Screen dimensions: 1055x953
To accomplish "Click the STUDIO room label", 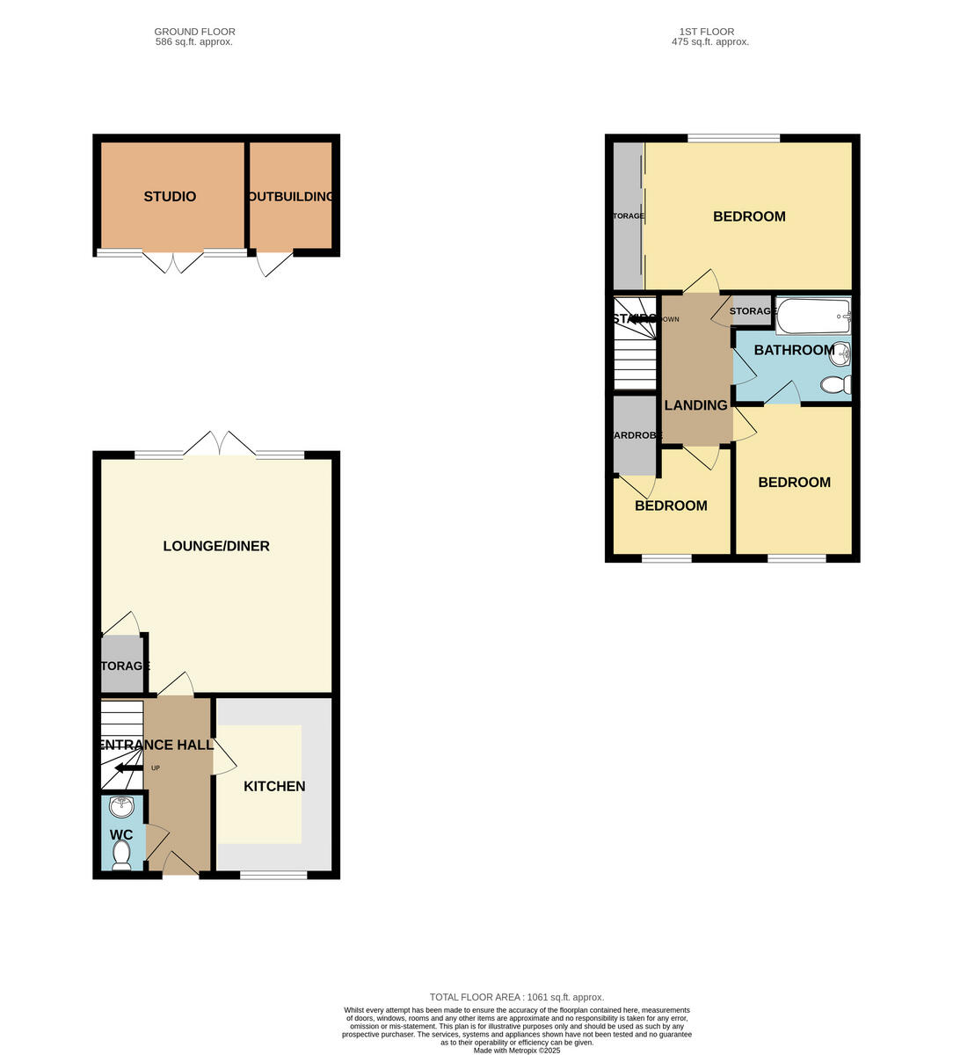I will [170, 197].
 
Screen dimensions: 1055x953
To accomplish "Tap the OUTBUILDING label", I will [291, 197].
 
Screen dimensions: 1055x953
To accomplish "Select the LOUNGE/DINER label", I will [216, 546].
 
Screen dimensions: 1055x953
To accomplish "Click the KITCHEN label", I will [274, 786].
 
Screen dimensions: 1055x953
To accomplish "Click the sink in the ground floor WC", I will [121, 806].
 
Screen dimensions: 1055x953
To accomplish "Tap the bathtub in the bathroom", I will [813, 316].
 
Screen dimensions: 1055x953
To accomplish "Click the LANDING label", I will [695, 405].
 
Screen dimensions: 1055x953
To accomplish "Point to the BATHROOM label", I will [794, 350].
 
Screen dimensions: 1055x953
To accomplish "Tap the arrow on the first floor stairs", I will [643, 319].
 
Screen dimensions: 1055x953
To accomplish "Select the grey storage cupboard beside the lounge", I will [123, 666].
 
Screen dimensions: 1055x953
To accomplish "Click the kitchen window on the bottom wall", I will [273, 874].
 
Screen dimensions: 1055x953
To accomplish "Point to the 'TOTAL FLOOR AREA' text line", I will [516, 997].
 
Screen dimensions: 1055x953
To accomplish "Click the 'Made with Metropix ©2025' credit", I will [516, 1050].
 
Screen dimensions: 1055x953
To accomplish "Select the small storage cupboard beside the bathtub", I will [752, 311].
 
